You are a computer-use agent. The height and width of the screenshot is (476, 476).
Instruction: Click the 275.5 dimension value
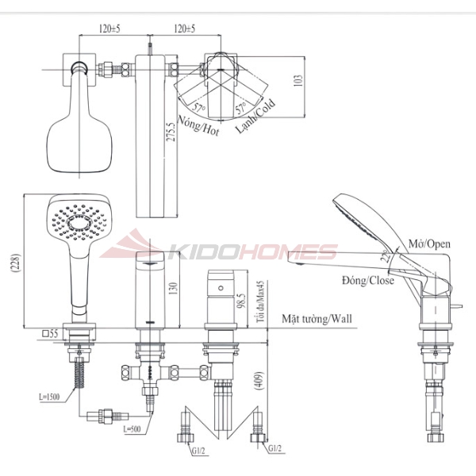click(x=171, y=132)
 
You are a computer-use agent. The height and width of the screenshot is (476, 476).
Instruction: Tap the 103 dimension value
click(x=298, y=80)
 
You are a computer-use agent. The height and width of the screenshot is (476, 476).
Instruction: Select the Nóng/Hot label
click(x=198, y=125)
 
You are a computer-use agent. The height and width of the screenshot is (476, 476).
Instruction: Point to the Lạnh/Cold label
click(x=255, y=116)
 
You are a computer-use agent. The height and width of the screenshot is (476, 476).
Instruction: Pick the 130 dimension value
click(x=173, y=289)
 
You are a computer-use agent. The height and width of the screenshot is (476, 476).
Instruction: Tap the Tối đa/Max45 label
click(x=260, y=301)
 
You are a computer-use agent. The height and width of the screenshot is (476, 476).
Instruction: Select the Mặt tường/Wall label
click(x=317, y=319)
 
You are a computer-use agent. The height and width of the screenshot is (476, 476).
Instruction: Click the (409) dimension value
click(x=259, y=380)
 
